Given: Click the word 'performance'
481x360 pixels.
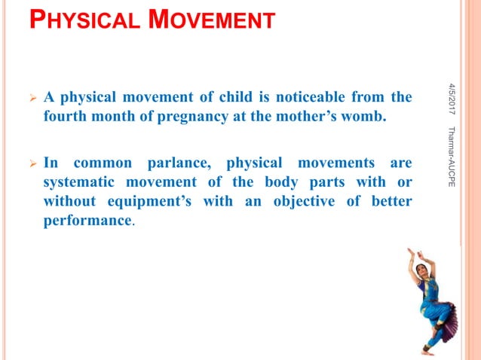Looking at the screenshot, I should pos(87,222).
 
